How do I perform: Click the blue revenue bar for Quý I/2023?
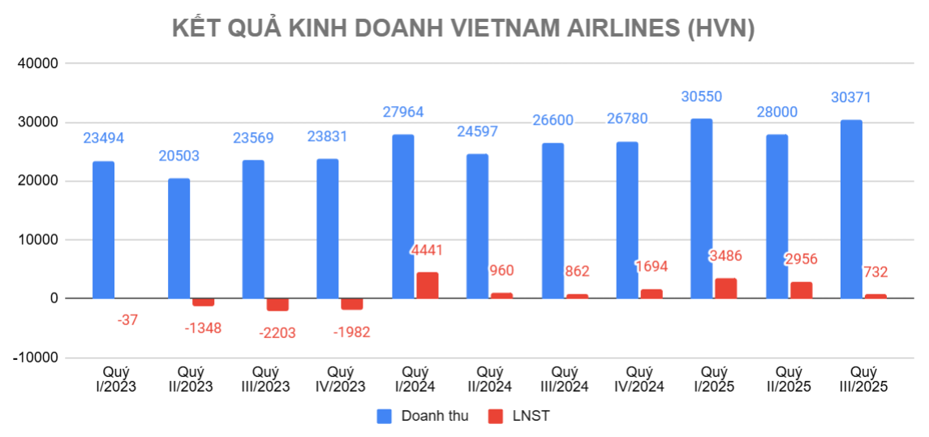click(x=103, y=230)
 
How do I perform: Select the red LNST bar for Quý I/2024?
click(x=428, y=285)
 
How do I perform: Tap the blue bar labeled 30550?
click(x=702, y=208)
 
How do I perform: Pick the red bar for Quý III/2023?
click(x=277, y=305)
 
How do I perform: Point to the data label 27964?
click(x=403, y=112)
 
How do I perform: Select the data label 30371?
click(x=851, y=97)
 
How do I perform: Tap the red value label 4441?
click(x=427, y=250)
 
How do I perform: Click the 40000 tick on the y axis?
click(x=38, y=64)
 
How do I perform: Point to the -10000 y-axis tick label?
click(x=36, y=358)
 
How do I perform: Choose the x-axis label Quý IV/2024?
click(x=639, y=379)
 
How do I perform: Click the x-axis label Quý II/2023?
click(x=190, y=379)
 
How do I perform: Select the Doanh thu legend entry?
click(x=423, y=417)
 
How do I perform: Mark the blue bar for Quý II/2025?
click(x=776, y=216)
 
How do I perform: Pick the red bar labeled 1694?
click(x=652, y=293)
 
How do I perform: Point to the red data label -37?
click(x=127, y=320)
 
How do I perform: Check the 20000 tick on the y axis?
click(x=38, y=182)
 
